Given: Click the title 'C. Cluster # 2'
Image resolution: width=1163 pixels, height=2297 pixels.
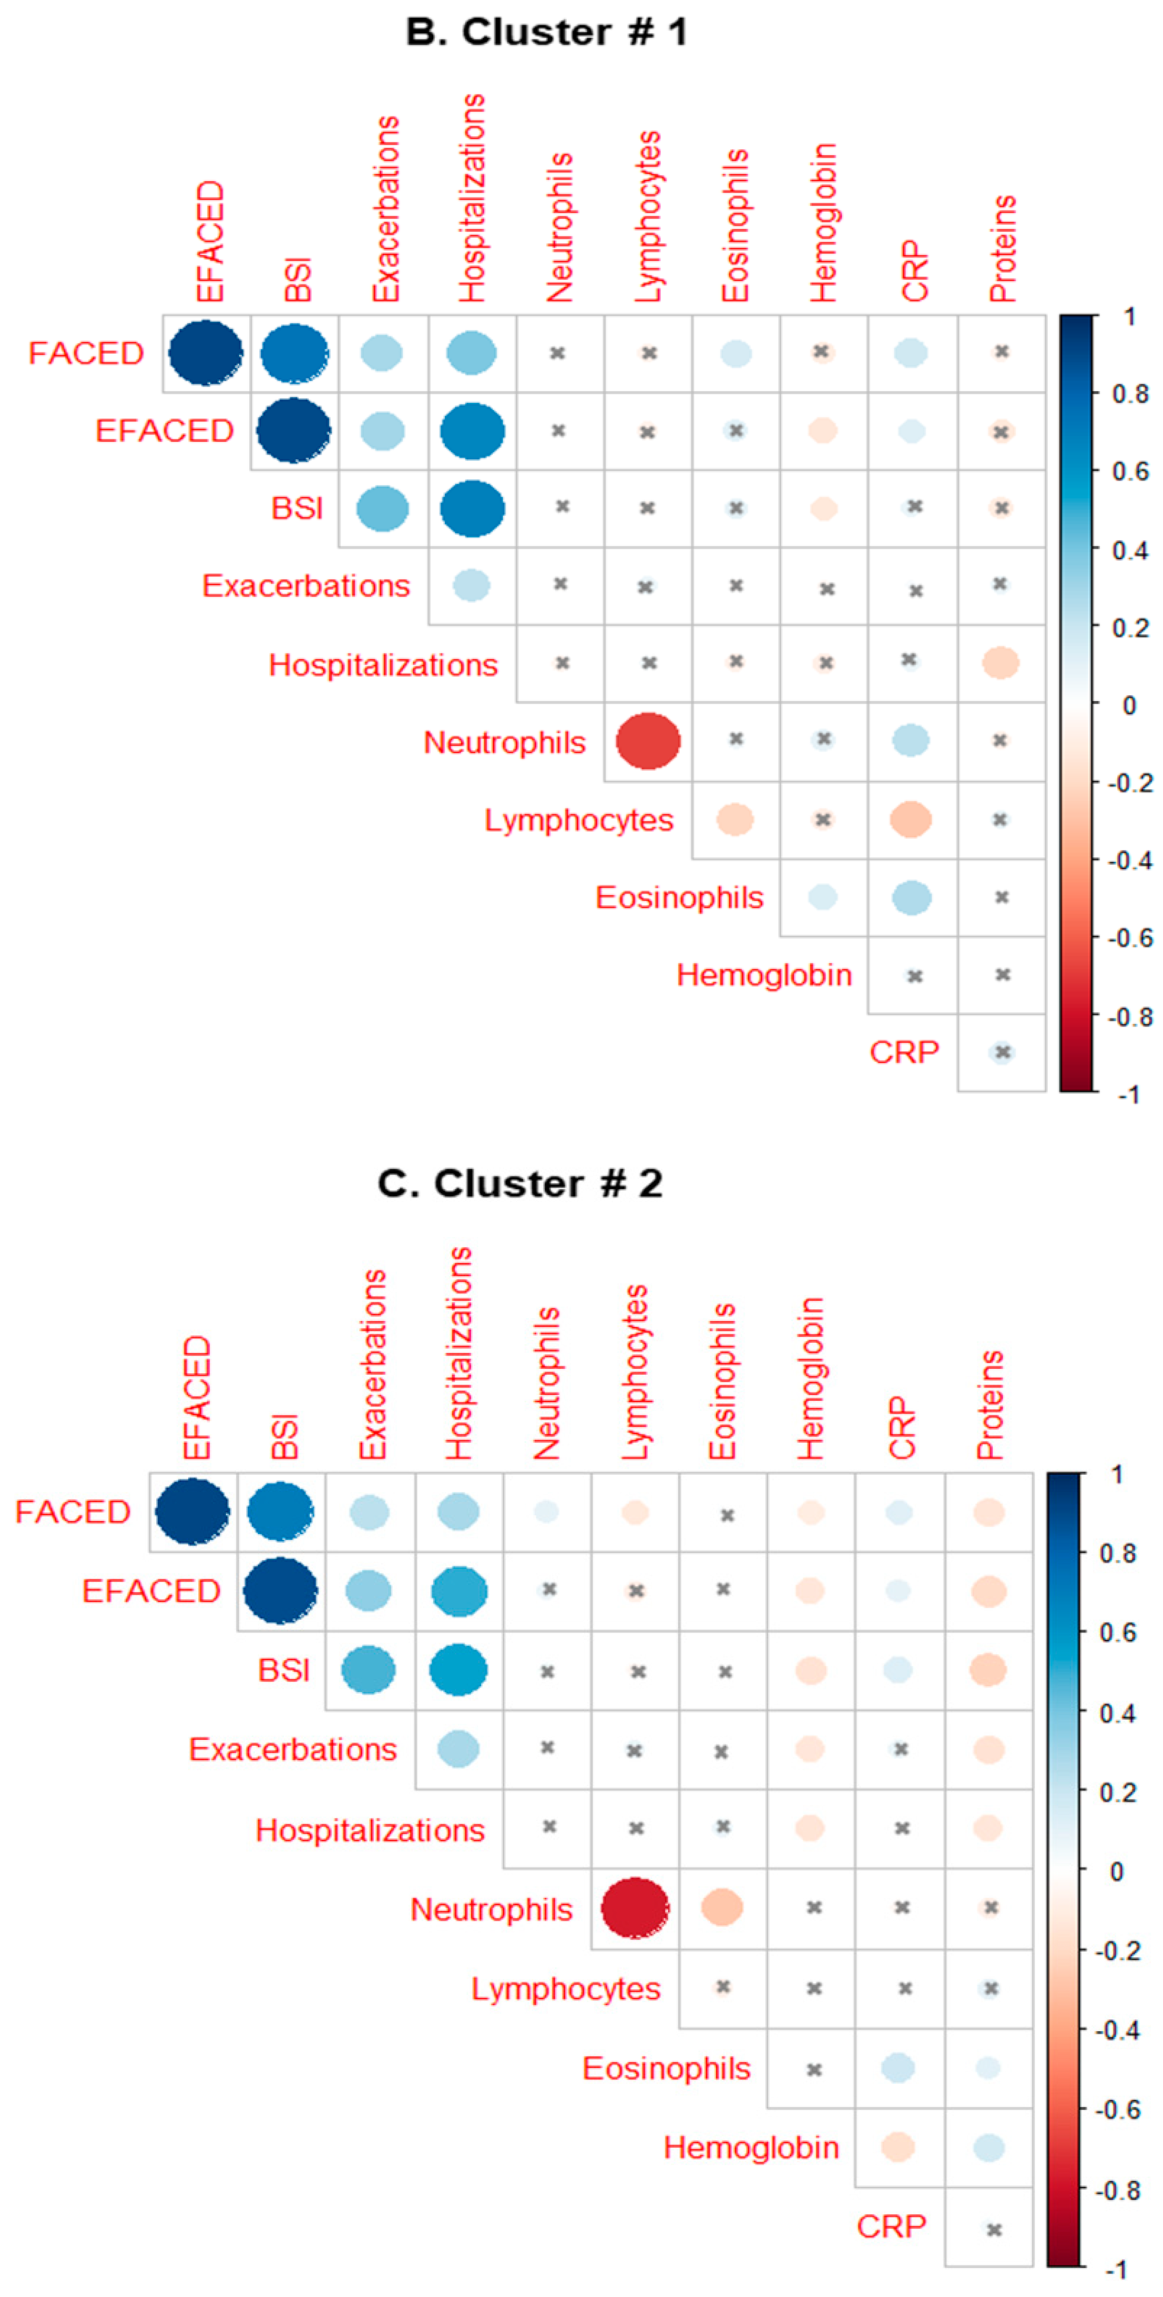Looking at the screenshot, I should point(520,1184).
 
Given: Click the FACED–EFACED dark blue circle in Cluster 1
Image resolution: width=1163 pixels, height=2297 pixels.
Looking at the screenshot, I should point(206,353).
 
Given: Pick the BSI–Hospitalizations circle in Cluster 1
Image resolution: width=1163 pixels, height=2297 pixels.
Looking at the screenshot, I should point(472,508).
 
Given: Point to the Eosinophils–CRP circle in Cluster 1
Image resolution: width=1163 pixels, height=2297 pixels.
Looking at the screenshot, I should point(912,897).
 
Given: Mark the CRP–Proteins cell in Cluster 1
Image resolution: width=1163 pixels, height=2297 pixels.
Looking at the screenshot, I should point(1001,1052).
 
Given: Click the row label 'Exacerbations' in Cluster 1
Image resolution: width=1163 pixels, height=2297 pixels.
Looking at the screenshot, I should point(306,586).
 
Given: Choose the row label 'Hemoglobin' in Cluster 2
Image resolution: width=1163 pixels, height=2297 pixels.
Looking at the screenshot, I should point(751,2147).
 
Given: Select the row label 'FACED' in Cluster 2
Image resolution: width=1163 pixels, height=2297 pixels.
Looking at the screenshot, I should point(73,1511).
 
